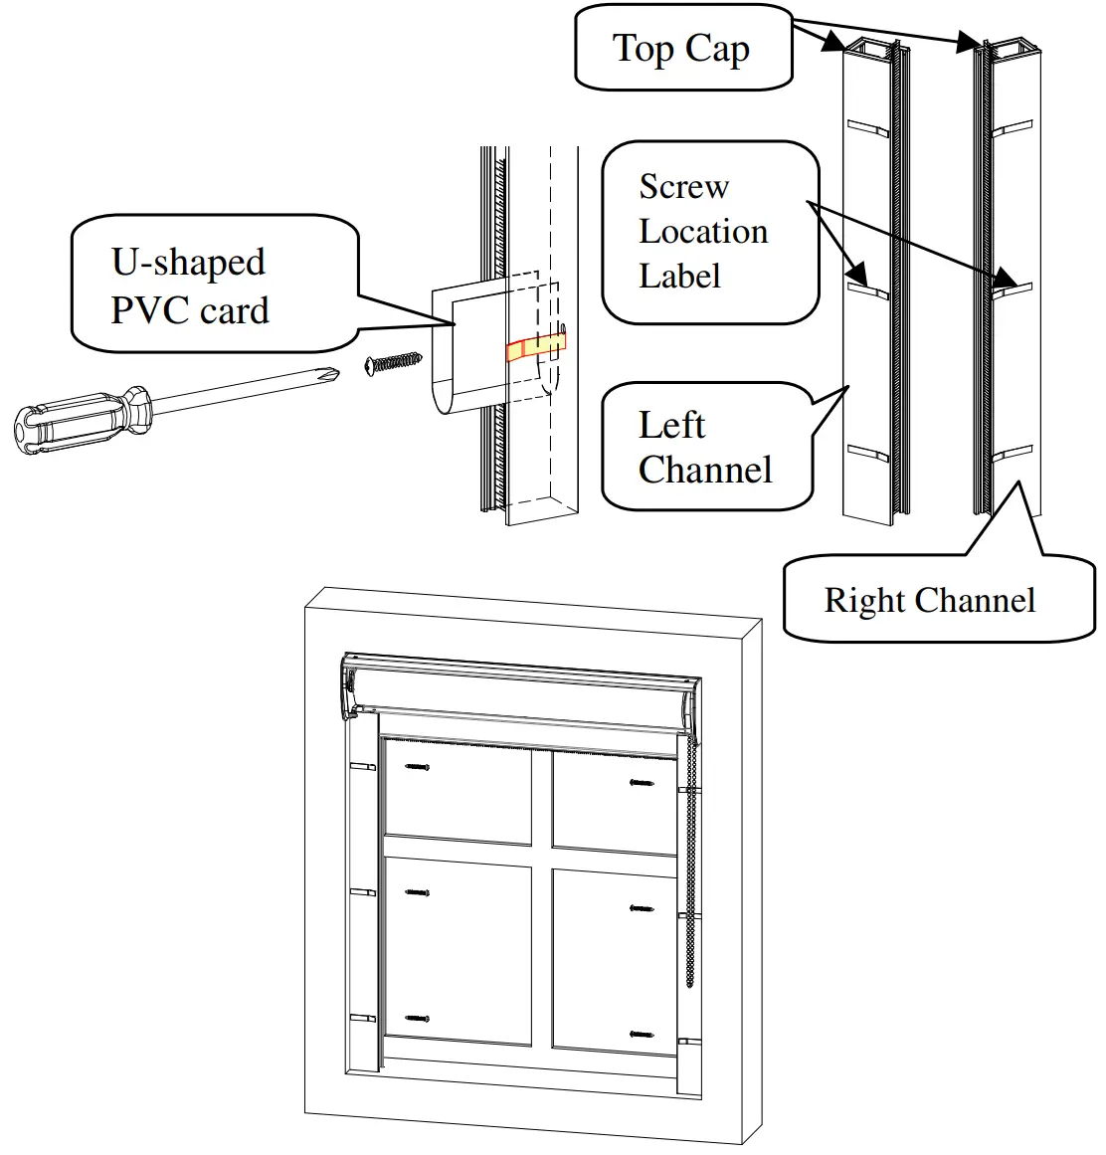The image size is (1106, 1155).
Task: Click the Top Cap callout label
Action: [x=681, y=49]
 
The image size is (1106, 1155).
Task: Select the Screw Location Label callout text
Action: [x=702, y=232]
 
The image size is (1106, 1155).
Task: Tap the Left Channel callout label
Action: [x=704, y=448]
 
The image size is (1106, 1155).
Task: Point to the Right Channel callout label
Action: [x=929, y=601]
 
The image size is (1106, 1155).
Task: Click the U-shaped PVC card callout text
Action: [x=189, y=287]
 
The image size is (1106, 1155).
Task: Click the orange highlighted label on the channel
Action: [x=535, y=346]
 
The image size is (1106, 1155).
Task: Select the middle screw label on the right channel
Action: [x=1012, y=289]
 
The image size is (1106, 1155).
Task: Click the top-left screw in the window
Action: [x=418, y=767]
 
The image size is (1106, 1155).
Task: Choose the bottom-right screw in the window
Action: [x=643, y=1035]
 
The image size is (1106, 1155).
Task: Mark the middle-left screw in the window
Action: [x=418, y=892]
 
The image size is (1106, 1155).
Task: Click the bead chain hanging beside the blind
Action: [x=690, y=875]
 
